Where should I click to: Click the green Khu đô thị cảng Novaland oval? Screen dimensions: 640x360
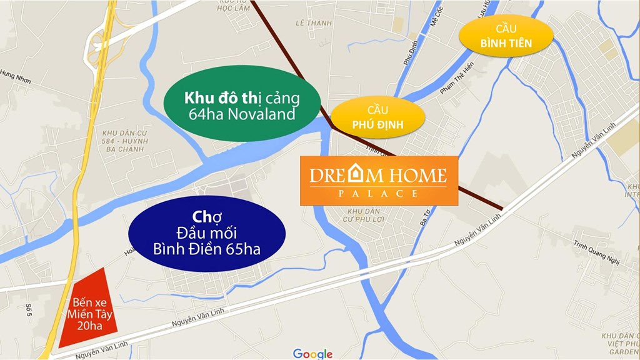pos(242,106)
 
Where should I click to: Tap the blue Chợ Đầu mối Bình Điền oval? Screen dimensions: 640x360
pos(207,234)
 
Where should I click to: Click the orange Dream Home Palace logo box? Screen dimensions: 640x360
pos(379,181)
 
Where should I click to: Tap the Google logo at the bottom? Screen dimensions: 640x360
pos(312,354)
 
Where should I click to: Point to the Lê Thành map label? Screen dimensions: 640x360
pos(313,23)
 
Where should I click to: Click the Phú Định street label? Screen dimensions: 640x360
pos(410,47)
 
